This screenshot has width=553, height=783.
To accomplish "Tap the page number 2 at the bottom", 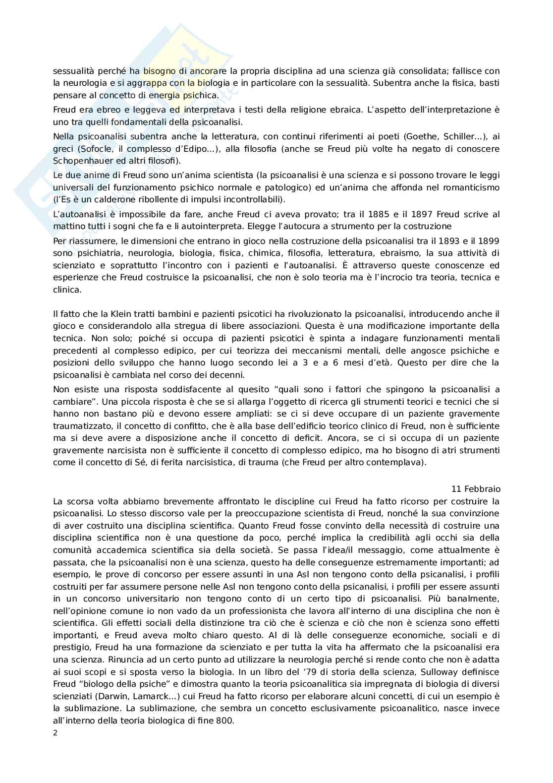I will (x=55, y=733).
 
